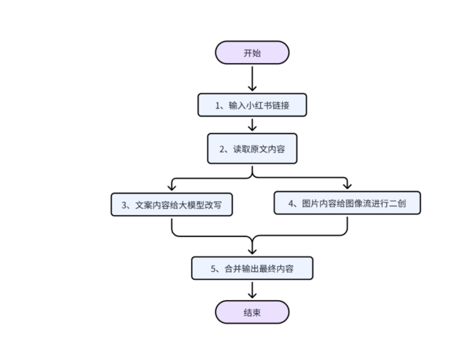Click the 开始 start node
(x=252, y=53)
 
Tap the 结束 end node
(x=252, y=312)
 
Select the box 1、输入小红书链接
(x=252, y=105)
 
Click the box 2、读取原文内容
(x=252, y=149)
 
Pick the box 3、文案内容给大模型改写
(x=171, y=204)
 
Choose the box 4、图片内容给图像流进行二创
(x=347, y=203)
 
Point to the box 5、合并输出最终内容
(x=252, y=268)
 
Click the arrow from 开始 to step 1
(x=252, y=78)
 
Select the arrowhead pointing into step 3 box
(x=171, y=188)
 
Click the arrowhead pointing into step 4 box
(x=347, y=187)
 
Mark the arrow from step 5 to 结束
(x=252, y=290)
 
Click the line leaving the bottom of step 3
(x=171, y=226)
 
